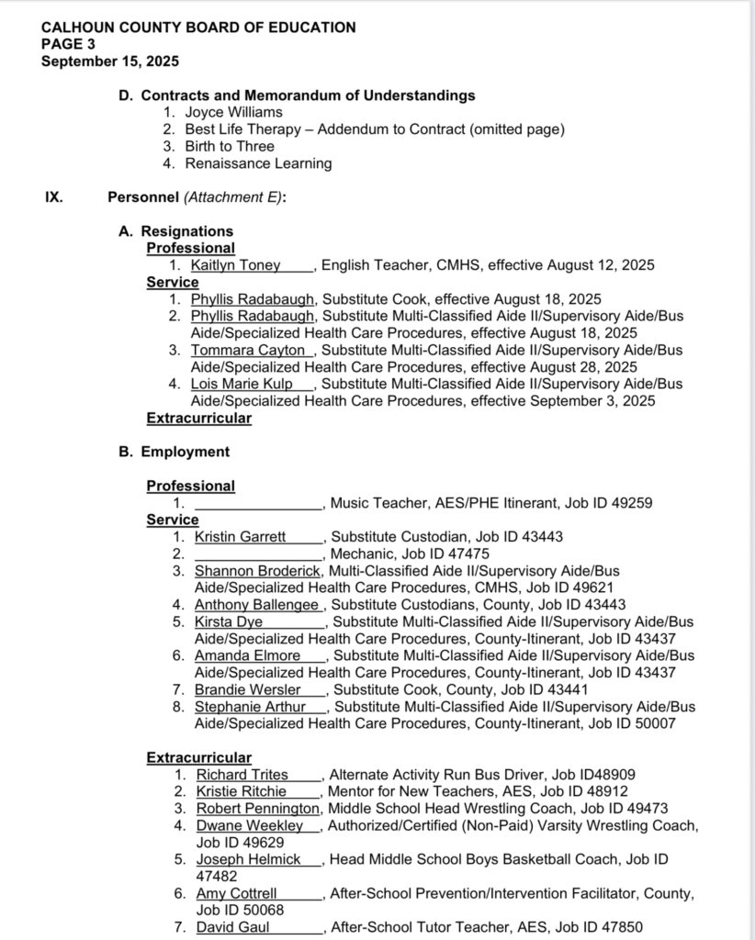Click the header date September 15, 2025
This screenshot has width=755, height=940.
coord(110,62)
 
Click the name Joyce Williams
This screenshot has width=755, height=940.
coord(234,112)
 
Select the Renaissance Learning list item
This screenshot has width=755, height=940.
coord(258,163)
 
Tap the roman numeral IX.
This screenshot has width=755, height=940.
coord(54,196)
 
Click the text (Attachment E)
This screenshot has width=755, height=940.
coord(232,196)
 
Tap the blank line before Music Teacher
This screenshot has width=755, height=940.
coord(259,503)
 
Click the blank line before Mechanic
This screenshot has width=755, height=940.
coord(259,554)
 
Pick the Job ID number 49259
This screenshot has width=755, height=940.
coord(633,503)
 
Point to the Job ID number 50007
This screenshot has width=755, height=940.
coord(656,723)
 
